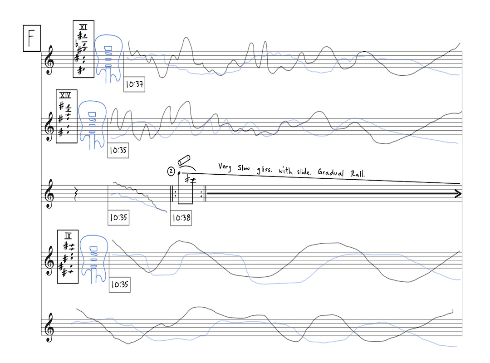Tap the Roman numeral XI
click(x=83, y=27)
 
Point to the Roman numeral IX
click(x=68, y=236)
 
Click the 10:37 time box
click(x=134, y=84)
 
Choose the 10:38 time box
click(x=181, y=218)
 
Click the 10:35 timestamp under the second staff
click(x=118, y=151)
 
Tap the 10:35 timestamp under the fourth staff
click(x=120, y=285)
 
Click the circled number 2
click(x=171, y=172)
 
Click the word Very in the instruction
click(x=225, y=167)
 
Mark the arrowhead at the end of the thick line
click(x=457, y=194)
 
